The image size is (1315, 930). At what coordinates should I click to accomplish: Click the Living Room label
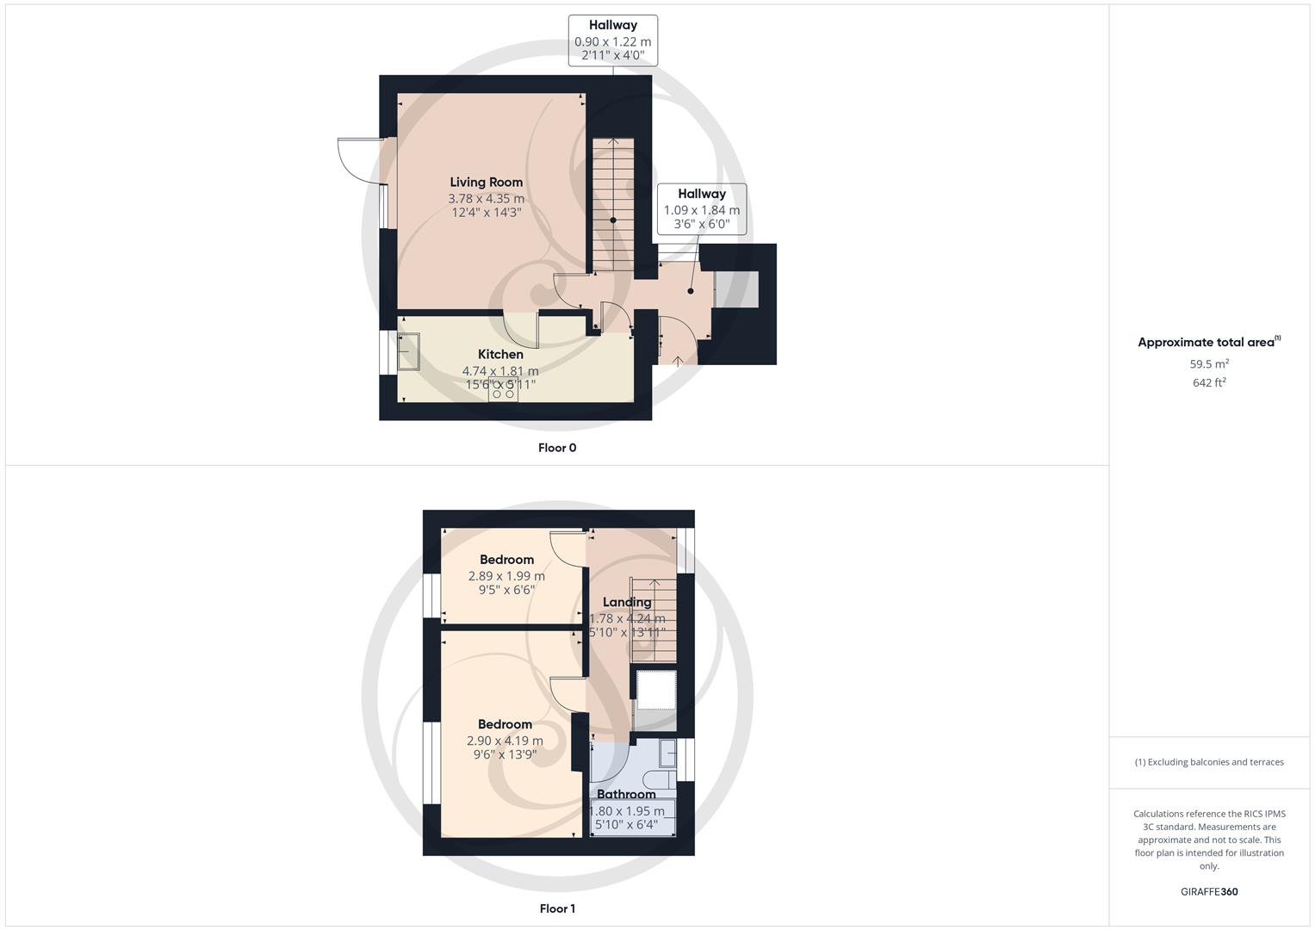click(486, 182)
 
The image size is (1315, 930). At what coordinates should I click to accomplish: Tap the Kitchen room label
click(500, 354)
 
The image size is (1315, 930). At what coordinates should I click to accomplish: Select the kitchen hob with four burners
click(504, 389)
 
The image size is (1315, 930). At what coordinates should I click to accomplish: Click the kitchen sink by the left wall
click(408, 351)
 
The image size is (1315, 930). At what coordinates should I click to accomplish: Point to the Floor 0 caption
click(557, 448)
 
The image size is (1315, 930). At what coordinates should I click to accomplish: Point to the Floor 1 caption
click(557, 908)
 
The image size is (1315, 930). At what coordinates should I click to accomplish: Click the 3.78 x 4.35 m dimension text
click(486, 198)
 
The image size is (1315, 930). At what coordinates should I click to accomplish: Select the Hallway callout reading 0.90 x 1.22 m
click(613, 40)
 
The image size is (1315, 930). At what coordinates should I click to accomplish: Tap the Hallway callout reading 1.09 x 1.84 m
click(701, 209)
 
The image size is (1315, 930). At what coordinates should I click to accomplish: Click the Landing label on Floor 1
click(627, 602)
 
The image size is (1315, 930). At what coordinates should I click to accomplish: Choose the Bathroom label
click(626, 794)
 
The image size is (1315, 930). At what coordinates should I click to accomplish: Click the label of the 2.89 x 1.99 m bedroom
click(506, 560)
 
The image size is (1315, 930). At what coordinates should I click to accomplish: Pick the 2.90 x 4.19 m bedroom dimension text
click(505, 741)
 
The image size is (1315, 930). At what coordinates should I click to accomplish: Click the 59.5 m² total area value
click(1209, 363)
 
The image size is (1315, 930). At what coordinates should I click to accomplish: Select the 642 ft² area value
click(1209, 382)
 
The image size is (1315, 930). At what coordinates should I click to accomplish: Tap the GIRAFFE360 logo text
click(1209, 892)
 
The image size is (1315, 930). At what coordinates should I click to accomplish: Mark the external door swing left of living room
click(357, 161)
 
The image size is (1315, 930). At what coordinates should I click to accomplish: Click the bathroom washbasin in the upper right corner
click(667, 753)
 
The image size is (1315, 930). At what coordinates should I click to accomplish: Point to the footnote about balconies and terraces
click(1209, 762)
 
